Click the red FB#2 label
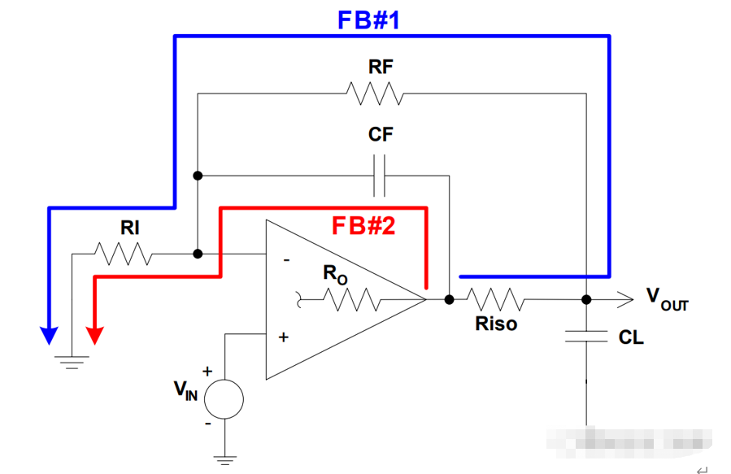pyautogui.click(x=363, y=225)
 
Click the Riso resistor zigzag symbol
pyautogui.click(x=495, y=299)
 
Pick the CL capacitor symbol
pyautogui.click(x=586, y=337)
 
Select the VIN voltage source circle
pyautogui.click(x=224, y=398)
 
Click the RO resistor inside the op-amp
pyautogui.click(x=353, y=301)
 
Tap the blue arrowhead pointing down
pyautogui.click(x=49, y=335)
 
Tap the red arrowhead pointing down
pyautogui.click(x=95, y=335)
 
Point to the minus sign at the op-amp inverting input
pyautogui.click(x=286, y=260)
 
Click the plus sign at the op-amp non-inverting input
pyautogui.click(x=283, y=337)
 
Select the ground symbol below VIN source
pyautogui.click(x=224, y=460)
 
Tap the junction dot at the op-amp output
pyautogui.click(x=449, y=299)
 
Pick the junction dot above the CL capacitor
pyautogui.click(x=586, y=299)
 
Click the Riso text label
pyautogui.click(x=496, y=324)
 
